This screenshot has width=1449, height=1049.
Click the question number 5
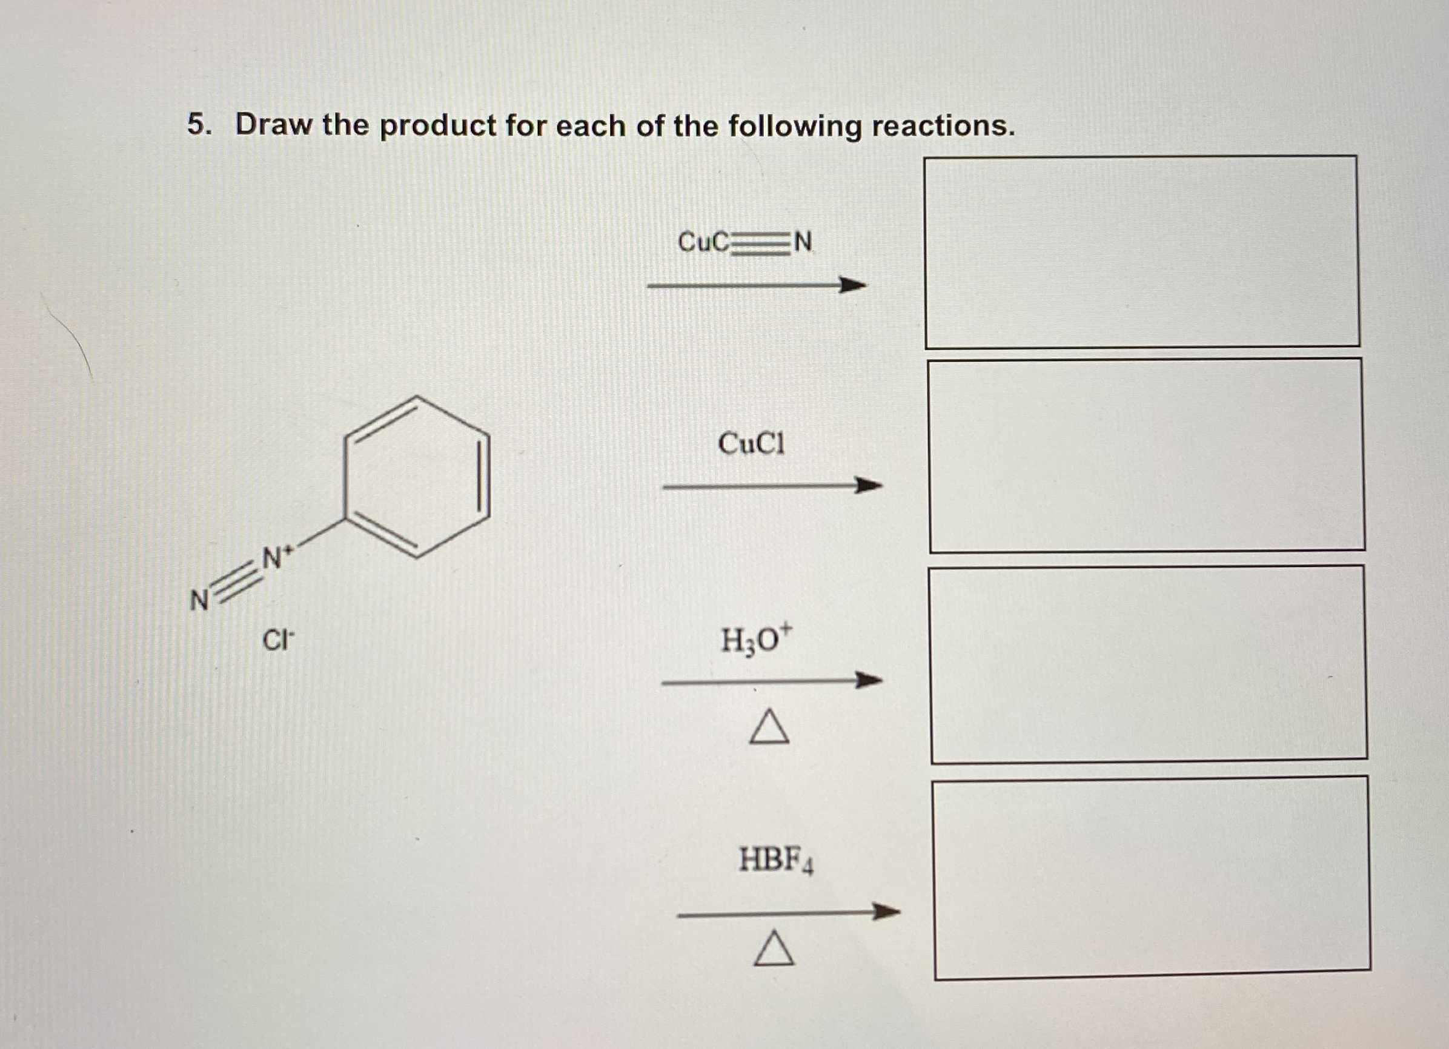(x=198, y=125)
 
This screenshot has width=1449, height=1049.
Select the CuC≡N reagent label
(x=745, y=242)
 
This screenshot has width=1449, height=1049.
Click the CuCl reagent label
(x=751, y=443)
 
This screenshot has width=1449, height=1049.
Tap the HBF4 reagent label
(x=775, y=860)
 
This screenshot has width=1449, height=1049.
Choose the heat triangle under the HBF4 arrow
(x=774, y=949)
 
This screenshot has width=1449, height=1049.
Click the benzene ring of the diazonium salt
(x=417, y=477)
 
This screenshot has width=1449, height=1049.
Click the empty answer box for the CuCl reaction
(x=1146, y=455)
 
